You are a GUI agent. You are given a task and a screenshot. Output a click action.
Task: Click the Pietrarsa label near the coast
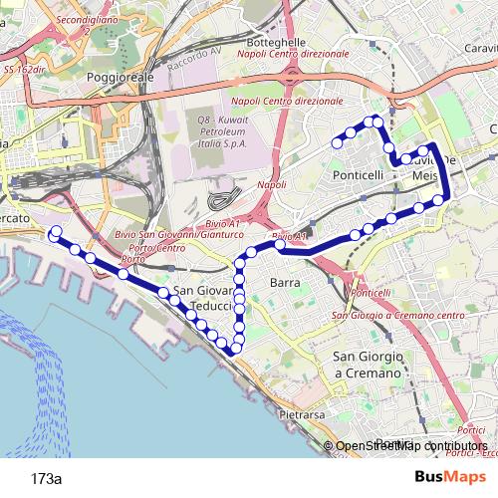click(302, 412)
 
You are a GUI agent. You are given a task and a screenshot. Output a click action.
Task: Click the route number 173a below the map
click(46, 478)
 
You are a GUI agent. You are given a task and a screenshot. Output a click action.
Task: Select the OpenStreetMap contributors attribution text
click(412, 446)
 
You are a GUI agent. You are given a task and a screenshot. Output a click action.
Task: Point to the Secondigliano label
click(88, 20)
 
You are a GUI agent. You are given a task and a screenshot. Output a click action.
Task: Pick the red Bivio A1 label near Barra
click(288, 237)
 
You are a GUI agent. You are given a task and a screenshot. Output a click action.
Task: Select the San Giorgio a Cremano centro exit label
click(399, 316)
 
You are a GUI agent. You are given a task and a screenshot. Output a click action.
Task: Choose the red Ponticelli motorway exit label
click(372, 294)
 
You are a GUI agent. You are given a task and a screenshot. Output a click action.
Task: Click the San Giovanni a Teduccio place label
click(203, 297)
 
